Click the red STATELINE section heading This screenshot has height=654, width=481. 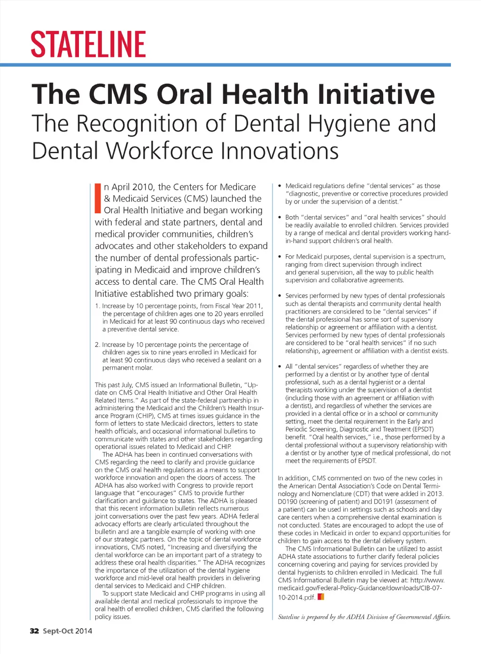click(88, 44)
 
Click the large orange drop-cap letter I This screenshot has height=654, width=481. click(98, 198)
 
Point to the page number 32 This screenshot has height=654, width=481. click(34, 631)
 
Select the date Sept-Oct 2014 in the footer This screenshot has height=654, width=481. click(68, 631)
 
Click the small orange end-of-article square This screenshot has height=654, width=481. click(321, 597)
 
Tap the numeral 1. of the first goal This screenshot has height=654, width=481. click(97, 306)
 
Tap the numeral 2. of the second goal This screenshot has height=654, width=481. click(97, 345)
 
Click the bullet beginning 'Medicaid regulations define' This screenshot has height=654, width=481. click(280, 186)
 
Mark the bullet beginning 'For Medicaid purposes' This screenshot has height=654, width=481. click(280, 257)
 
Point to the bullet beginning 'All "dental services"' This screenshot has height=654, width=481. click(280, 366)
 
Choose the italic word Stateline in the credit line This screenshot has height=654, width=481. click(288, 617)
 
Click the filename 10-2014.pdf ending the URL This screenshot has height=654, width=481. click(296, 598)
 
